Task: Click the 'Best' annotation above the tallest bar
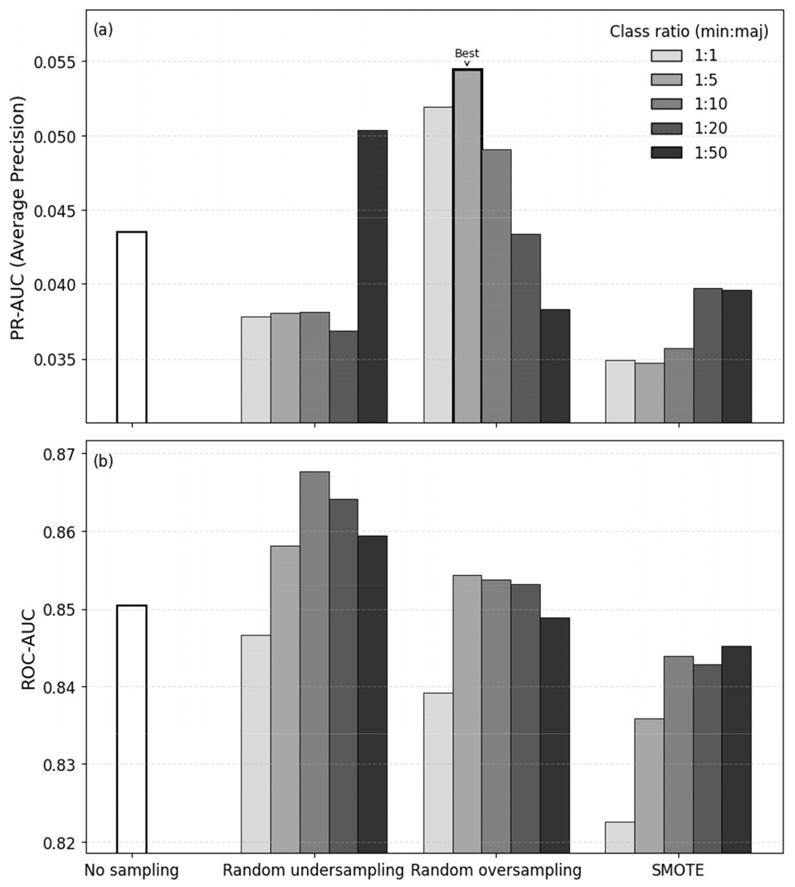coord(466,54)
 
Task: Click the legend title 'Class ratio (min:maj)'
coord(688,32)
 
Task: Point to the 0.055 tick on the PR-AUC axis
coord(56,62)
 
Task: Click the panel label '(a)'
coord(103,31)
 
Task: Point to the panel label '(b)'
coord(103,461)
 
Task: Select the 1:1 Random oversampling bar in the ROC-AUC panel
coord(438,772)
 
